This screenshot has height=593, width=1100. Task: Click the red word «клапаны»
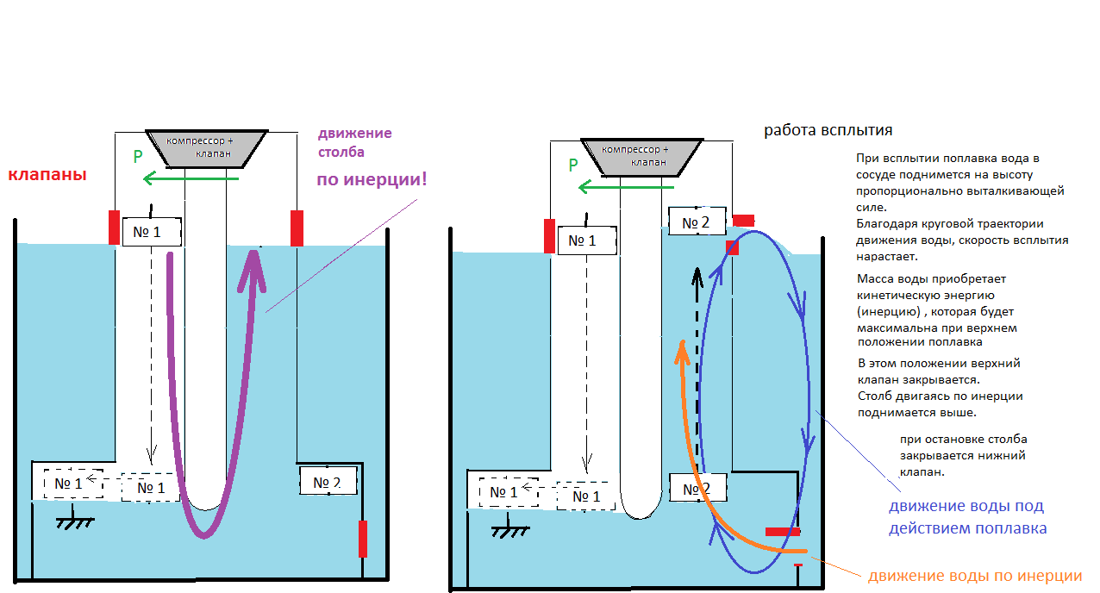tap(48, 175)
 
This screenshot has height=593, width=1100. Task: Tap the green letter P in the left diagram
tap(137, 157)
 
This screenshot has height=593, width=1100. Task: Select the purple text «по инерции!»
tap(372, 181)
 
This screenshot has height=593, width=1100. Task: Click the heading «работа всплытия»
tap(828, 130)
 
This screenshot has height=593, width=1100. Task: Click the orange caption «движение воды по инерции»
tap(974, 576)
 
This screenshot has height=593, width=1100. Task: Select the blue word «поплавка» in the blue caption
tap(1013, 527)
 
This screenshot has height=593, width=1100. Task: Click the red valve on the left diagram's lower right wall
tap(363, 539)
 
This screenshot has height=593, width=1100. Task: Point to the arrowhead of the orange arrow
tap(681, 347)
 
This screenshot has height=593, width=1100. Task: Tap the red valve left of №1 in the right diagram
tap(549, 236)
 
